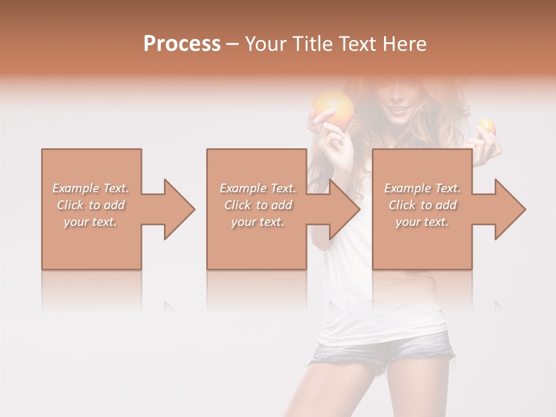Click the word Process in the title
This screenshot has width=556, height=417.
coord(182,44)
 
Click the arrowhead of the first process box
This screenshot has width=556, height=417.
coord(177,209)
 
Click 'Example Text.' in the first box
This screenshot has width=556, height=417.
coord(91,188)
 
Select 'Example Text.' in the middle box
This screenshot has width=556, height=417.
coord(258,188)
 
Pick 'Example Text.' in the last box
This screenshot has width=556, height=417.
coord(422,188)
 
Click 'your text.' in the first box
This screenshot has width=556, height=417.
coord(91,222)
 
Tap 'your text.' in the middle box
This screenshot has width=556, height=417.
coord(258,222)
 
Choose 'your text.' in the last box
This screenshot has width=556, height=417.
coord(422,222)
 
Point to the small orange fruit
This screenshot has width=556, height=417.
coord(486,126)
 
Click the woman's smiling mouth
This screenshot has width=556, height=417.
coord(398,109)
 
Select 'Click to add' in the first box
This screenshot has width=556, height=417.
coord(91,205)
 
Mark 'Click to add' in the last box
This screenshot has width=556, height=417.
coord(422,205)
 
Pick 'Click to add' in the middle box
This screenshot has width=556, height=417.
coord(258,205)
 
